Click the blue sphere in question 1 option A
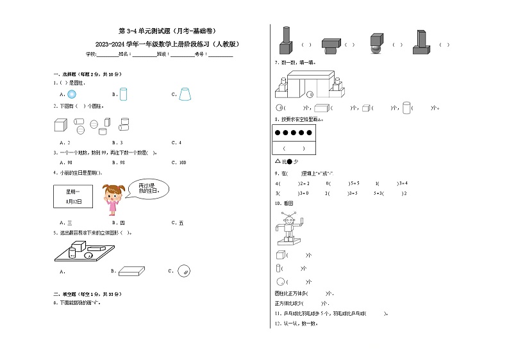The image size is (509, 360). (72, 94)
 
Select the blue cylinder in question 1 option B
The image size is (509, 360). (124, 94)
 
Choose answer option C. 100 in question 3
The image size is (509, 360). (178, 163)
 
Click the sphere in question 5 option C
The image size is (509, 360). (184, 271)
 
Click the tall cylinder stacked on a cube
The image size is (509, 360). (285, 42)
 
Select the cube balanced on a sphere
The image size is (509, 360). (375, 43)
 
